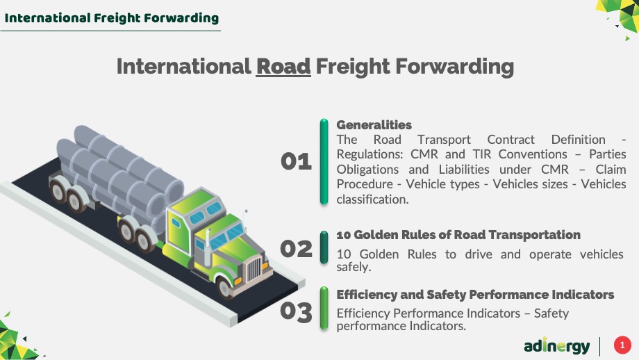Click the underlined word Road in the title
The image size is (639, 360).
[283, 67]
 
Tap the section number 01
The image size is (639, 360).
[297, 161]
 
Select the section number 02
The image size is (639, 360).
[297, 249]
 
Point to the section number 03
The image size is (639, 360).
[297, 312]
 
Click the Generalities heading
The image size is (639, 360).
[374, 125]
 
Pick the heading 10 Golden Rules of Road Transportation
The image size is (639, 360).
[458, 235]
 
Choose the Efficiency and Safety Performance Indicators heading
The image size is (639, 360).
[475, 295]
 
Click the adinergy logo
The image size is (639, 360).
[556, 346]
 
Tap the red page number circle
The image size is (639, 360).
[622, 345]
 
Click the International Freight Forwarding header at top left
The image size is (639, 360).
[112, 18]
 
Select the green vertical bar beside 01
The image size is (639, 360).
[324, 161]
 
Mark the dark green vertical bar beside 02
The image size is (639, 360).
[324, 247]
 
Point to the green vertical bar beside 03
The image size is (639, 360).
[324, 308]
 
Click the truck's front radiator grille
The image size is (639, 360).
[254, 269]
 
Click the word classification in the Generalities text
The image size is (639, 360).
[372, 199]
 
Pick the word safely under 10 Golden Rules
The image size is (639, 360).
[354, 267]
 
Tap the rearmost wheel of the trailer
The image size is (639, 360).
[58, 191]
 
